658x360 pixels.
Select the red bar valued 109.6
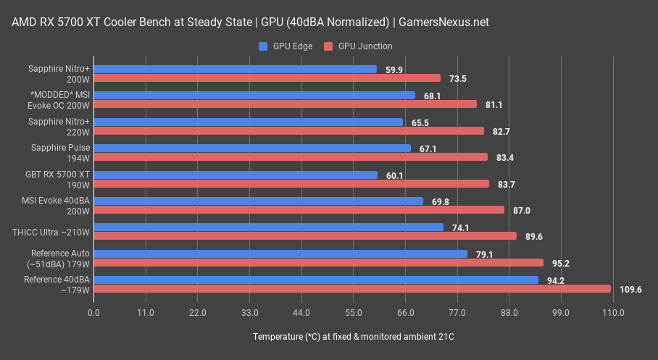[352, 289]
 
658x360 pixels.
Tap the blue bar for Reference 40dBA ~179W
[316, 280]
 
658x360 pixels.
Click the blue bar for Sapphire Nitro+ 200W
[235, 69]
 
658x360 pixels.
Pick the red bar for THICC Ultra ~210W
[305, 236]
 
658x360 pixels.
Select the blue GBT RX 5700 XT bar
[236, 175]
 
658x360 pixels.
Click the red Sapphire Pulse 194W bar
[291, 157]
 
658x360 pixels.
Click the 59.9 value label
[394, 70]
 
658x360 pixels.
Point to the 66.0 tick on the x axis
[405, 313]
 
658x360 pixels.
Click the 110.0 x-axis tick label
[613, 313]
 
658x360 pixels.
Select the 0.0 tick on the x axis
[93, 313]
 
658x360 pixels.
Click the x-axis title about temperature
[354, 337]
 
